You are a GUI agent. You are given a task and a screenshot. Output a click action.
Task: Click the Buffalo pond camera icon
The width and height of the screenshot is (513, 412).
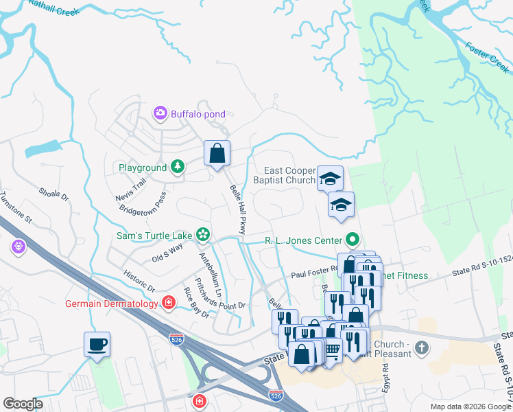[160, 113]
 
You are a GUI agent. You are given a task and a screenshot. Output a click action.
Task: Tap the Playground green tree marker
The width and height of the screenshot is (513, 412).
[178, 167]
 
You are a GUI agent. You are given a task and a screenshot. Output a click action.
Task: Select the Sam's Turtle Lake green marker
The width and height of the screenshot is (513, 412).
[203, 235]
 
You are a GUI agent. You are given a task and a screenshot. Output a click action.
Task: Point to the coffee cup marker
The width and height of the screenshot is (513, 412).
[97, 343]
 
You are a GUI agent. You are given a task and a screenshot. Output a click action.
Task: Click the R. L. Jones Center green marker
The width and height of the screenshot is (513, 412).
[353, 240]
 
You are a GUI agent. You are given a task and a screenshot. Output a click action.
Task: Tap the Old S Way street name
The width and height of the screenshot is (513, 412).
[167, 253]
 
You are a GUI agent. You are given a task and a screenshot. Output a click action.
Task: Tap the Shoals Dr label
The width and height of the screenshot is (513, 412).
[54, 196]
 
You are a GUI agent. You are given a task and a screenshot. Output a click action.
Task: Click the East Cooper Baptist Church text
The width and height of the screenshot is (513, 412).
[290, 175]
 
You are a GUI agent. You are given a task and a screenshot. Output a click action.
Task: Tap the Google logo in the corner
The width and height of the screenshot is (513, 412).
[23, 404]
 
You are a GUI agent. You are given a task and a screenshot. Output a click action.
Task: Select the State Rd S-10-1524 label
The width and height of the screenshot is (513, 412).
[481, 273]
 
